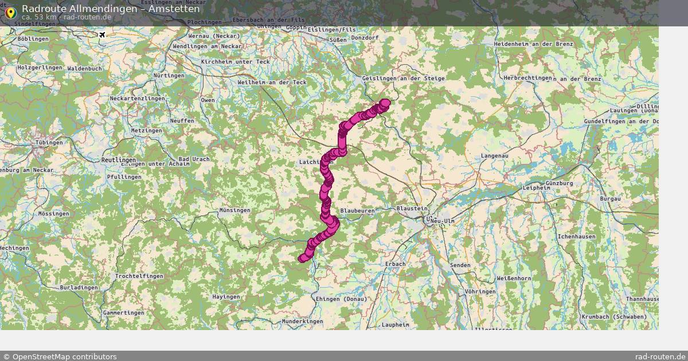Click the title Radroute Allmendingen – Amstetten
(111, 9)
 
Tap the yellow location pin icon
(10, 12)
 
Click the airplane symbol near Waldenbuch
(102, 35)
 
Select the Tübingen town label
(49, 142)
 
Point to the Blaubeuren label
(357, 211)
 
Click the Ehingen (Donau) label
(340, 299)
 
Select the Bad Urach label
(191, 159)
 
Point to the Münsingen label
(234, 210)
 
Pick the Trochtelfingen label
(139, 276)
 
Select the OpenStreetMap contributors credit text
(60, 356)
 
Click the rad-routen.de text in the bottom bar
(660, 356)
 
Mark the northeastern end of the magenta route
(385, 103)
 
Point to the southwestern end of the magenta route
(302, 259)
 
